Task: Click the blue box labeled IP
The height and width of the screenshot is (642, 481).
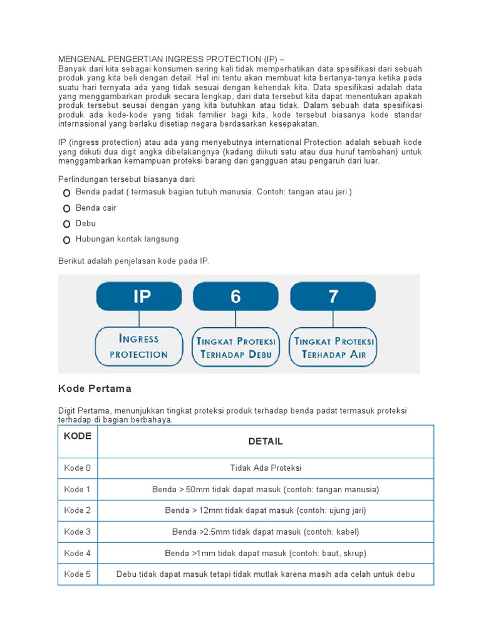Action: (x=138, y=296)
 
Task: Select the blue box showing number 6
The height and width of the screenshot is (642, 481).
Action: (x=235, y=296)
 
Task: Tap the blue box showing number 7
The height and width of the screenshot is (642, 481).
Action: (x=333, y=296)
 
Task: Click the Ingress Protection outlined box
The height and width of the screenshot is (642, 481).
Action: (x=138, y=346)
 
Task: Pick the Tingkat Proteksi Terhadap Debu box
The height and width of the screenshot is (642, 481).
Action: (x=235, y=347)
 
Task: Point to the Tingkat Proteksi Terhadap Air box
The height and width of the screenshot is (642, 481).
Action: (x=333, y=347)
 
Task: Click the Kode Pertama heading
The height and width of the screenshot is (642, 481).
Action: (x=95, y=389)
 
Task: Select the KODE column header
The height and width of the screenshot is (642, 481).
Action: (x=78, y=436)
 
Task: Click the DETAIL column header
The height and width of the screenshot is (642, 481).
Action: (x=266, y=441)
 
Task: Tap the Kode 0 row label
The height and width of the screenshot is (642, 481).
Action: (x=78, y=468)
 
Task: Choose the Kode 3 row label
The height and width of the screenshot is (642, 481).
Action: (x=78, y=532)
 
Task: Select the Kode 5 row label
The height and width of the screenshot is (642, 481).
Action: (x=78, y=574)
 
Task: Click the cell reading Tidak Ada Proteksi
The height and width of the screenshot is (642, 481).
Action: (x=266, y=468)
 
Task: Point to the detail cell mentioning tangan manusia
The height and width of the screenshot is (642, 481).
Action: (x=266, y=489)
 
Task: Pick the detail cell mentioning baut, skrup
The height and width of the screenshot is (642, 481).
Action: (x=266, y=553)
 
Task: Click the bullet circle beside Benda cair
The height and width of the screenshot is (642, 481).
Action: (x=66, y=208)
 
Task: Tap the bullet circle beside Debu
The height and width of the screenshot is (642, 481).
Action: (x=66, y=224)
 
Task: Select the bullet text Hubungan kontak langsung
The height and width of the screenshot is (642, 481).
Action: (x=127, y=239)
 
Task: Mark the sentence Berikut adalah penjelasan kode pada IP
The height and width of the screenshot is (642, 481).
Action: (x=134, y=261)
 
